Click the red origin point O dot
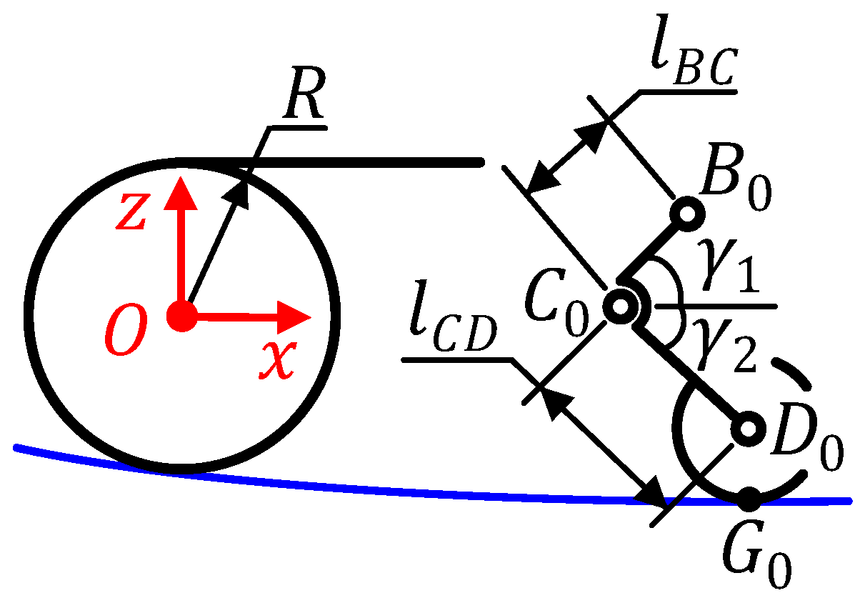point(181,315)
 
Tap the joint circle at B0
point(689,212)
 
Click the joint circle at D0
point(748,429)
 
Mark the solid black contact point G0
point(748,499)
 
